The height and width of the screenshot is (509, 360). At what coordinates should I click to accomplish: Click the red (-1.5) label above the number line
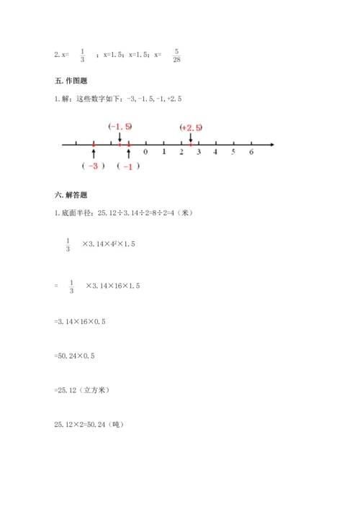(120, 127)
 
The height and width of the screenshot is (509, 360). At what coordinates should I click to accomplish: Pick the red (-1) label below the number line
(127, 166)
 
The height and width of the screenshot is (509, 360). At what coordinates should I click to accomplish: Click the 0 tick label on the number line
(145, 152)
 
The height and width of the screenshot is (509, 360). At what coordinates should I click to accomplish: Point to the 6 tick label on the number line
(251, 152)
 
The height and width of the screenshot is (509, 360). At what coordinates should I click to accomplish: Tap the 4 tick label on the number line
(215, 152)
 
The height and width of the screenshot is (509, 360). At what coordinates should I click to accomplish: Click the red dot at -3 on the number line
(94, 145)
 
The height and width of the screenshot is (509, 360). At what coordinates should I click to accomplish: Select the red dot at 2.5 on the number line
(190, 145)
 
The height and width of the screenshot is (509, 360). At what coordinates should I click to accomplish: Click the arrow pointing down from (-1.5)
(120, 137)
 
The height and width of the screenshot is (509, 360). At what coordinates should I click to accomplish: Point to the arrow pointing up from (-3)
(94, 153)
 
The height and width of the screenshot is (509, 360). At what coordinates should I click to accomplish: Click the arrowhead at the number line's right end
(272, 145)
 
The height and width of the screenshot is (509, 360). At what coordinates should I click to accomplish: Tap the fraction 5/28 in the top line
(177, 55)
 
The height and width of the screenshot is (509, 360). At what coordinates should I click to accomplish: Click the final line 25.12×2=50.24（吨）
(89, 425)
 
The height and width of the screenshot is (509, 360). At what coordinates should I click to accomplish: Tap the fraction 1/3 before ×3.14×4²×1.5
(68, 245)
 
